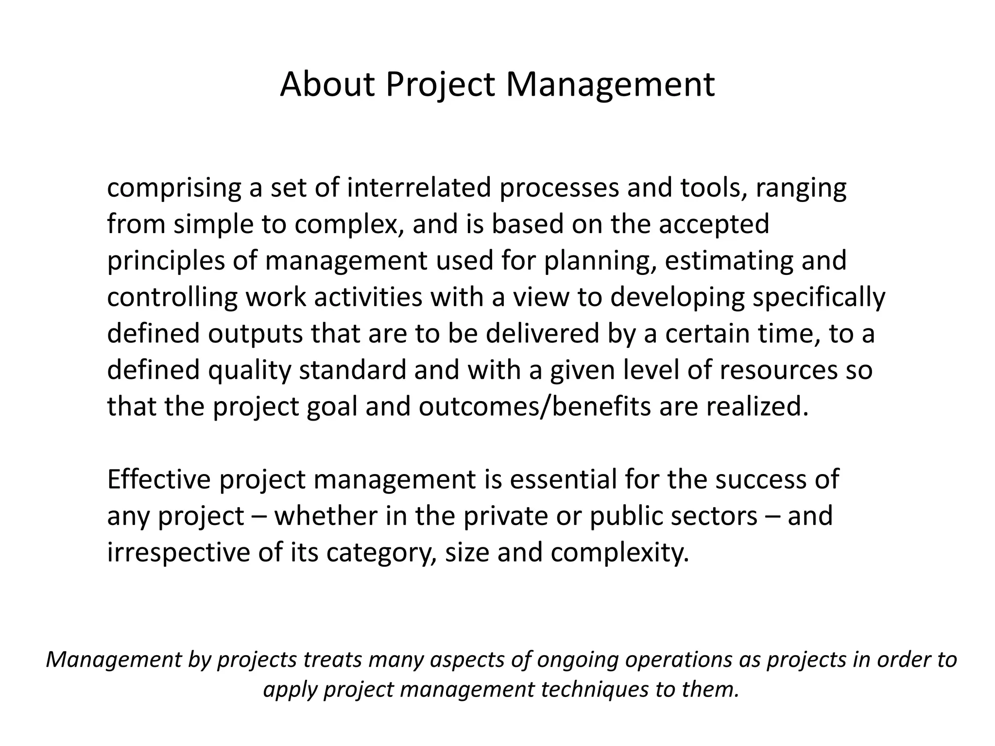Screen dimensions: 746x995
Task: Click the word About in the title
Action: tap(328, 85)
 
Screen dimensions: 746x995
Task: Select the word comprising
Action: tap(173, 188)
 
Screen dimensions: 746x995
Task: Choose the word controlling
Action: tap(172, 297)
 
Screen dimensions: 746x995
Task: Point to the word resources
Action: tap(779, 370)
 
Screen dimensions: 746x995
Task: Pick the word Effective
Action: tap(159, 479)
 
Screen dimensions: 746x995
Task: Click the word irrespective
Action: tap(178, 553)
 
